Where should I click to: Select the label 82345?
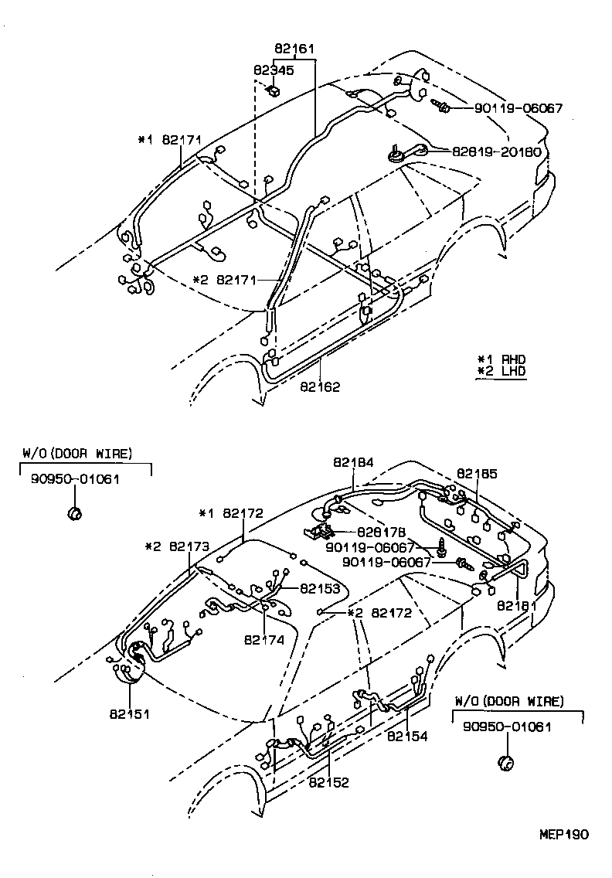(x=273, y=70)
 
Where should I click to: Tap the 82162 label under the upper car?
(x=320, y=386)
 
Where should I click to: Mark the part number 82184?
(x=353, y=462)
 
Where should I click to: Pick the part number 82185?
(x=476, y=473)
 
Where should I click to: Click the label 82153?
(x=320, y=588)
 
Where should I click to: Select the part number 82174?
(x=264, y=639)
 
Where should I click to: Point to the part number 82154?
(x=407, y=737)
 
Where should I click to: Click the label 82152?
(x=329, y=782)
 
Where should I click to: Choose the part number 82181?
(x=515, y=605)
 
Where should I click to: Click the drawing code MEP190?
(x=563, y=835)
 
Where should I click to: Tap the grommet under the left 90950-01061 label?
(x=75, y=512)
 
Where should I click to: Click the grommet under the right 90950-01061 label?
(x=506, y=763)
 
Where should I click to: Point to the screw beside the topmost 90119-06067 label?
(x=442, y=105)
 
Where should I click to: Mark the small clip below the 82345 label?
(x=274, y=90)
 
